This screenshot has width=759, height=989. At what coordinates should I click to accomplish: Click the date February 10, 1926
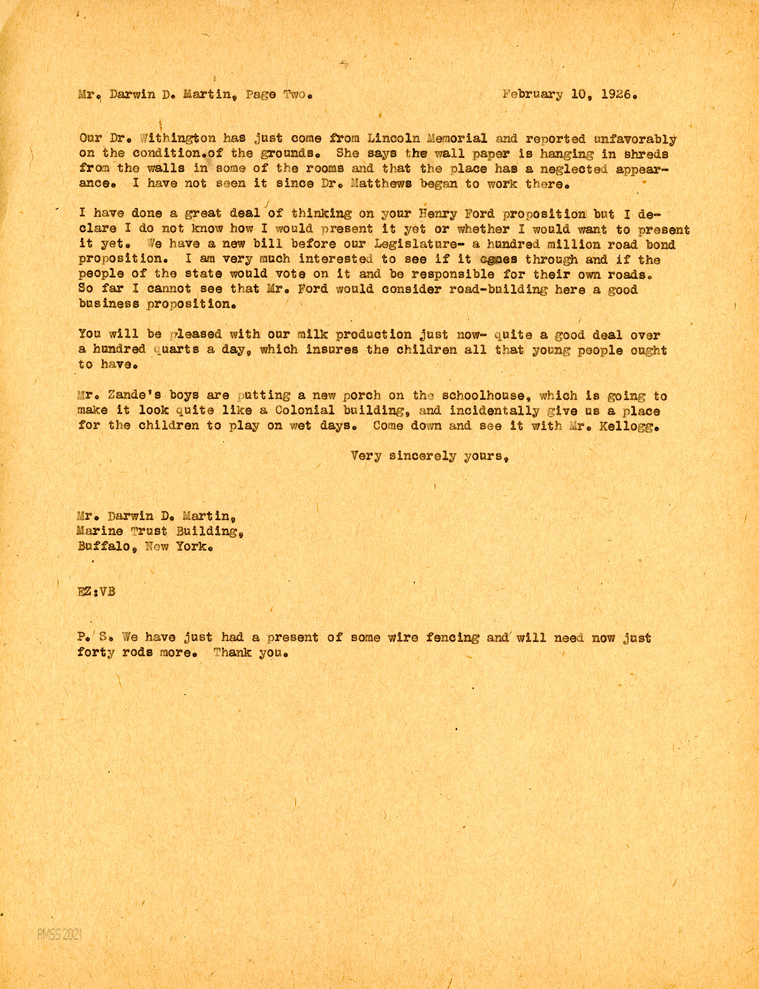coord(569,95)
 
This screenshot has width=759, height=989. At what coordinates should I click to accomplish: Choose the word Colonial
coord(299,411)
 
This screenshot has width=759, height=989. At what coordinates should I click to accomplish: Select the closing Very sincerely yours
coord(431,456)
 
